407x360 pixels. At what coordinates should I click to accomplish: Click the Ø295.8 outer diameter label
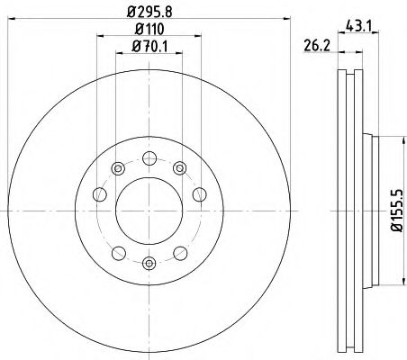click(x=150, y=11)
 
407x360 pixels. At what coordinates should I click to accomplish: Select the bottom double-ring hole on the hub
click(x=149, y=262)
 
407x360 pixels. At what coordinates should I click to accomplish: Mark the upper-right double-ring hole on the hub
click(x=180, y=166)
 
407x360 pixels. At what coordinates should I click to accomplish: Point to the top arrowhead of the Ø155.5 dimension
click(x=393, y=138)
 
